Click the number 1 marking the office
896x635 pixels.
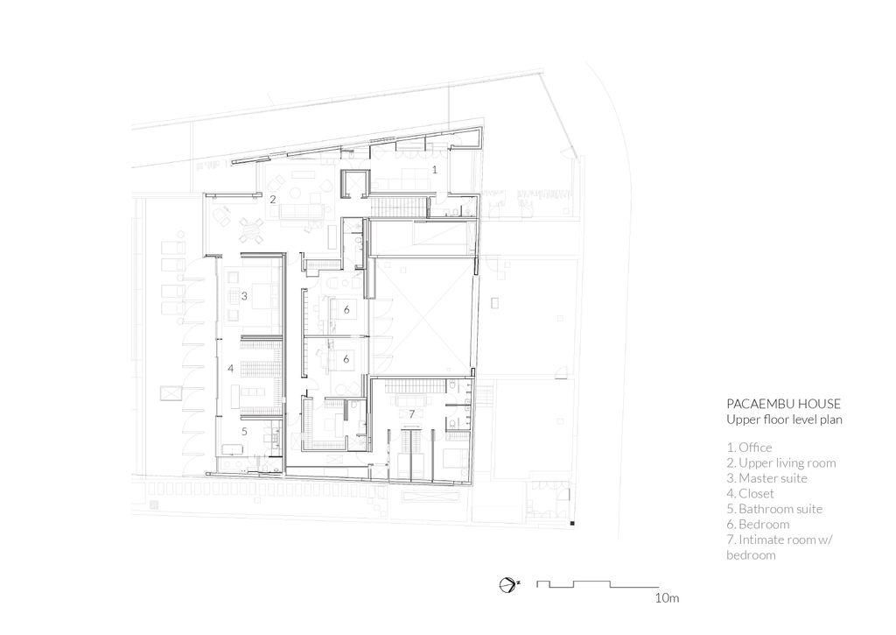(x=434, y=170)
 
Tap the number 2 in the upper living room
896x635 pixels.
(x=273, y=200)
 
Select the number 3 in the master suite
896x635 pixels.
(x=244, y=296)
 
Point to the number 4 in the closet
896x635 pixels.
(x=231, y=369)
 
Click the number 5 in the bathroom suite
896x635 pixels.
(x=244, y=431)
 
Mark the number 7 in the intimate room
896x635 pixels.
(x=411, y=413)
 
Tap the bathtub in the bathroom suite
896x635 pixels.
(x=232, y=448)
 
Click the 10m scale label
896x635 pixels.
(x=667, y=598)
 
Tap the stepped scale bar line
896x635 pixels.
(x=598, y=584)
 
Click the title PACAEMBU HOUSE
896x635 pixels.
(x=783, y=404)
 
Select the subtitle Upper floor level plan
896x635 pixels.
(x=784, y=420)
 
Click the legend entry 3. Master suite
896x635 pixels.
(x=766, y=478)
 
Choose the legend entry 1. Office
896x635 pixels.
(x=749, y=448)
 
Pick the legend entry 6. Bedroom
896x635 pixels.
(x=758, y=524)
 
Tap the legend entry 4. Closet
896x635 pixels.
(x=750, y=493)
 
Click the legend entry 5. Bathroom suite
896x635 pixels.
(x=774, y=509)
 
